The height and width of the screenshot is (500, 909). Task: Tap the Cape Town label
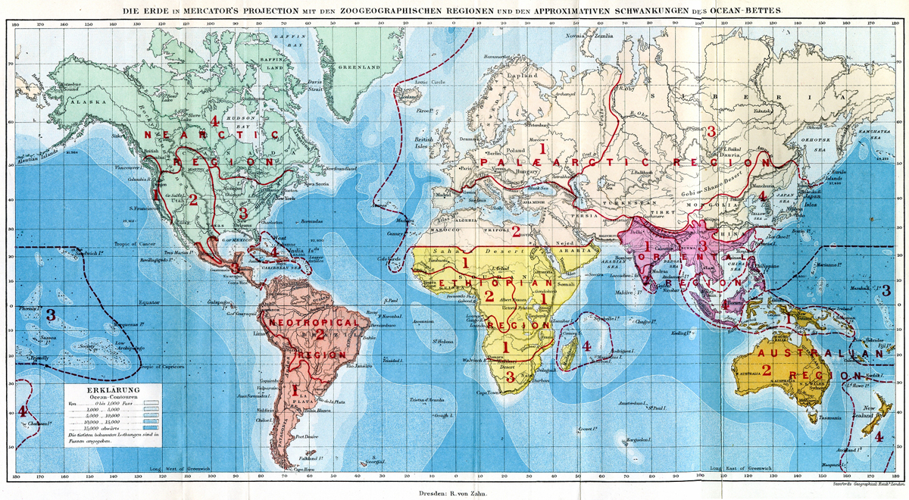click(x=488, y=392)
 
